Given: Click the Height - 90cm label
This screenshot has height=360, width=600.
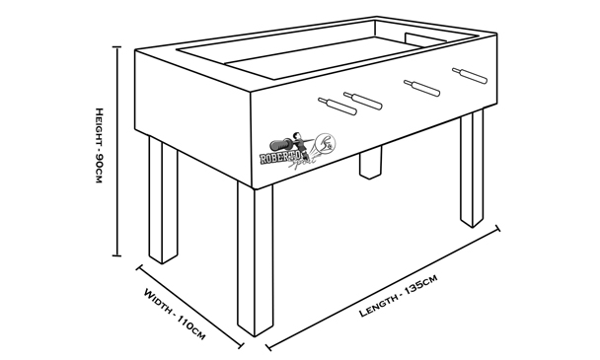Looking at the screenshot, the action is point(99,145).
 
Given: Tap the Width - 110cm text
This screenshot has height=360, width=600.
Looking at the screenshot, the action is point(175,314).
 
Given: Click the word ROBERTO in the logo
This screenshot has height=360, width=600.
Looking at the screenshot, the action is point(279,157).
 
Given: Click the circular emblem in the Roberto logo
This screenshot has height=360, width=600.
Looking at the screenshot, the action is point(326,143).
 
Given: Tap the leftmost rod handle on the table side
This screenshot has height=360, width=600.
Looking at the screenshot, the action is point(337,107).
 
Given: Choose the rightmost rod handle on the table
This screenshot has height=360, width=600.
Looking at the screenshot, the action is point(470,76).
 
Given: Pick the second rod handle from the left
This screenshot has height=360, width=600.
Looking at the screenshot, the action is point(363,101).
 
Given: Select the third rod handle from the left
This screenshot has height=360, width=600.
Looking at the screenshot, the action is point(422,88).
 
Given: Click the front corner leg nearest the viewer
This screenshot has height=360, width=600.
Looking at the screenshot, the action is point(256,260).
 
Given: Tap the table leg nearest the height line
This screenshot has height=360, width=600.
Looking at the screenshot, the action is point(164,200).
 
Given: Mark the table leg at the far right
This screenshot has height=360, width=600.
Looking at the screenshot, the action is point(472,169).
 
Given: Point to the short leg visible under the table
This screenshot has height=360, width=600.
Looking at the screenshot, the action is point(370,162).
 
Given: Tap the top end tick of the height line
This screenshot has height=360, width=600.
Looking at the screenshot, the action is point(116,46).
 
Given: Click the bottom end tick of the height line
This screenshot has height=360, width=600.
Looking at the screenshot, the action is point(116,255).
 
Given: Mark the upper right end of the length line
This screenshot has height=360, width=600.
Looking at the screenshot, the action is point(497,229).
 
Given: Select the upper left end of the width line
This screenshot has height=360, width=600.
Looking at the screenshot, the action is point(140,267).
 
